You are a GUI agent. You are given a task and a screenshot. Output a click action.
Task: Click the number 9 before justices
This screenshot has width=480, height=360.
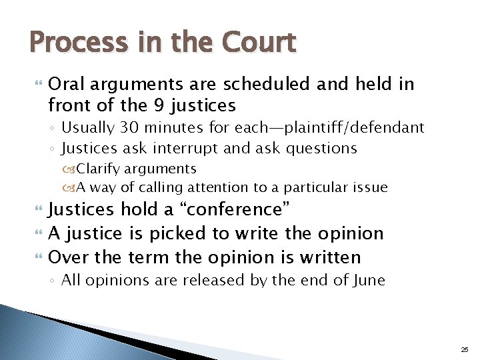pyautogui.click(x=157, y=105)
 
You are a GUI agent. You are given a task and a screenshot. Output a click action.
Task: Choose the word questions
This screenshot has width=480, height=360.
pyautogui.click(x=320, y=148)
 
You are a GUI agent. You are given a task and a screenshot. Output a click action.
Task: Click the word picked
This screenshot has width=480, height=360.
pyautogui.click(x=189, y=233)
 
